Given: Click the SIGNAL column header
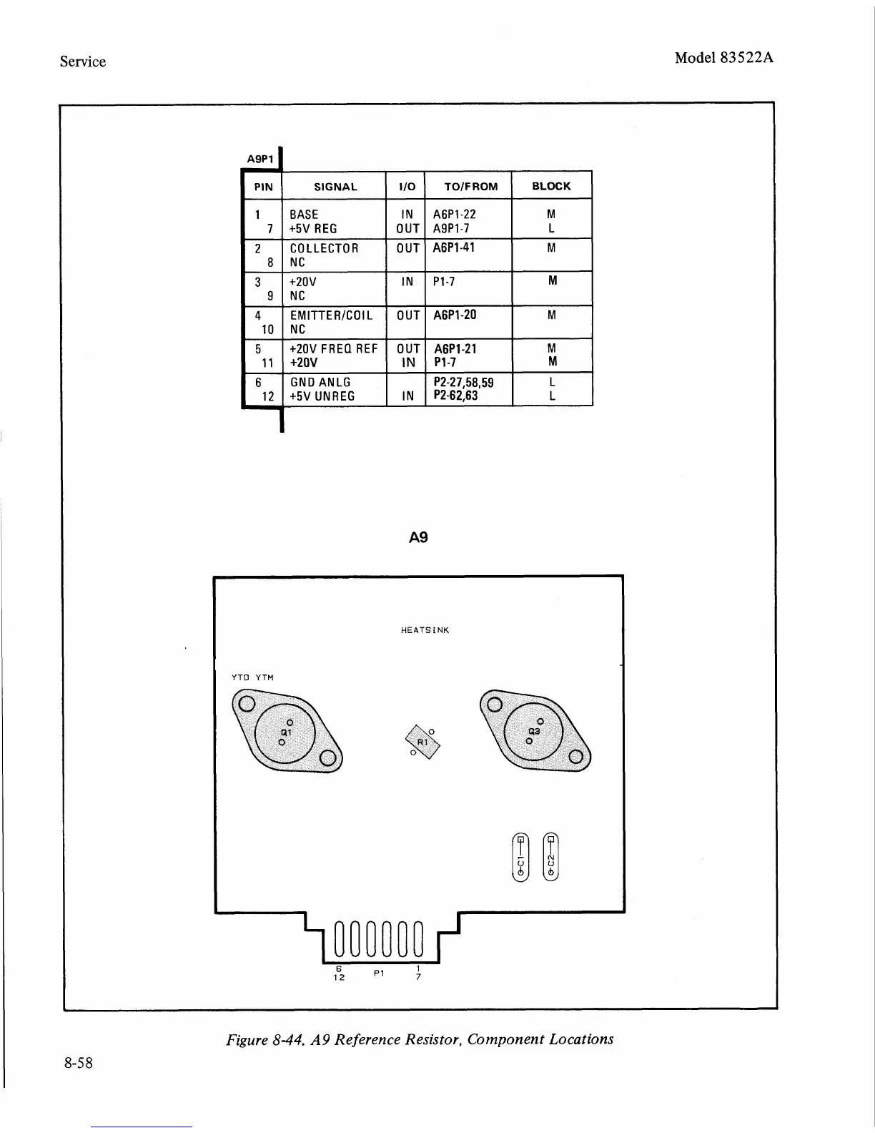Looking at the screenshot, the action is point(335,187).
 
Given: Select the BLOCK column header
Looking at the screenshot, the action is point(551,186).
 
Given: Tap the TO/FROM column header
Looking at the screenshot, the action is point(470,187).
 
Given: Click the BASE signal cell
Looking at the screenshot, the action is point(304,214).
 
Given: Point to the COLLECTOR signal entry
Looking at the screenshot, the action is point(324,248).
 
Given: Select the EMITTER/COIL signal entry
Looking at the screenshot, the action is point(331,315).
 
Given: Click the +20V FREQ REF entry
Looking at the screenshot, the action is point(333,349).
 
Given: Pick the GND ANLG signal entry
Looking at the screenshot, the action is point(320,383).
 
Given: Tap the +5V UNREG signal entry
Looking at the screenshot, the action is point(322,396).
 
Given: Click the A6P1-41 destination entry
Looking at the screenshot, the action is point(455,247).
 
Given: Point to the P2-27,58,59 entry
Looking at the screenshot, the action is point(464,383).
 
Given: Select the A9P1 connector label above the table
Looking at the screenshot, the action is point(259,159).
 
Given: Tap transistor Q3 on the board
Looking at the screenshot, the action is point(534,731).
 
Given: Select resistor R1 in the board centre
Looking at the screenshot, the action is point(422,742).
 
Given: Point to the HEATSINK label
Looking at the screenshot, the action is point(425,630).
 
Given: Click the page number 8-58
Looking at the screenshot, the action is point(77,1063).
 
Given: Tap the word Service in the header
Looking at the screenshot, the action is point(83,62).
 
